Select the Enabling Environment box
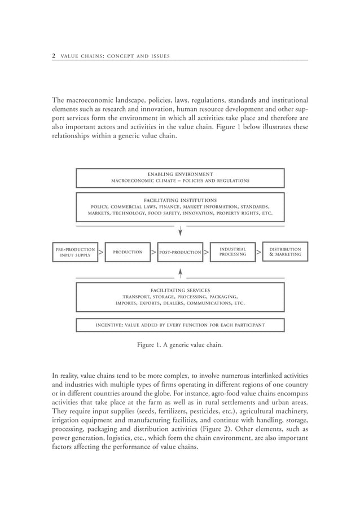click(x=180, y=178)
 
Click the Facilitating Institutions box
click(x=180, y=206)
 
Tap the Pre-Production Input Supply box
click(x=74, y=252)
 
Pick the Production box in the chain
click(x=128, y=252)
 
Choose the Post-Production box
click(x=180, y=252)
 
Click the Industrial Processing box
click(x=232, y=252)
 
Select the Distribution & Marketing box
click(x=285, y=252)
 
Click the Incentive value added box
click(x=180, y=325)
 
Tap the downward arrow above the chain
click(x=180, y=231)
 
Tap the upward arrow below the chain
click(x=180, y=274)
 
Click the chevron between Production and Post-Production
click(x=153, y=252)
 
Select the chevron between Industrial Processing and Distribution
click(x=258, y=252)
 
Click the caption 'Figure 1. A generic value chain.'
click(x=180, y=345)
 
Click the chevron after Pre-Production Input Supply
click(x=100, y=252)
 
